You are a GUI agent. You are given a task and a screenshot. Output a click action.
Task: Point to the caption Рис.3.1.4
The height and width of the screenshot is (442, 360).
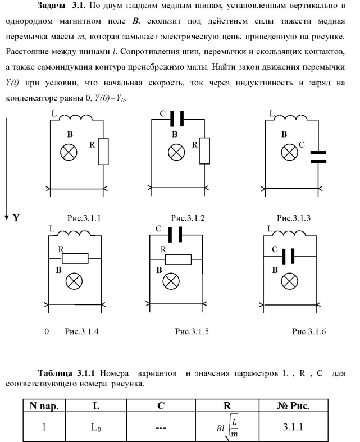pyautogui.click(x=82, y=331)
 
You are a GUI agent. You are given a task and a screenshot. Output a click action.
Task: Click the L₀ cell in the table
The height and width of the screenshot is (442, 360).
pyautogui.click(x=96, y=427)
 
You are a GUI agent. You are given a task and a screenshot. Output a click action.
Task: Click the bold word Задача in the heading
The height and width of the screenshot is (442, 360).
pyautogui.click(x=54, y=7)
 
